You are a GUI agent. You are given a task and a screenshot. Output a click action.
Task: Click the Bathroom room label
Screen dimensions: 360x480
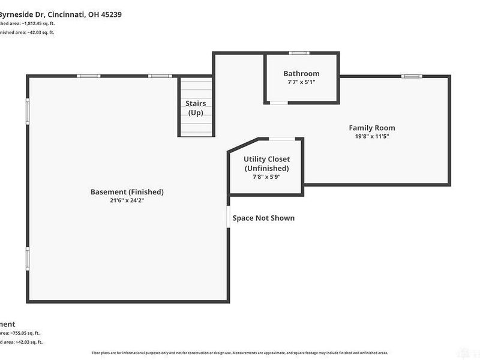coord(301,74)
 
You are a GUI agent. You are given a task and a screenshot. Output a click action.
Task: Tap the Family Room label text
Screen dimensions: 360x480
coord(372,128)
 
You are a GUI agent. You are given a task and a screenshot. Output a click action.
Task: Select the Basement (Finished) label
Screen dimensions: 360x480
coord(127,192)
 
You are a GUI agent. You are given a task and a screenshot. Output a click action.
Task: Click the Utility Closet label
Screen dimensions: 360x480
coord(266,159)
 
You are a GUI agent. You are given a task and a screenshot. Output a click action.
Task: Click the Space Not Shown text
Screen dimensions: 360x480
coord(263,218)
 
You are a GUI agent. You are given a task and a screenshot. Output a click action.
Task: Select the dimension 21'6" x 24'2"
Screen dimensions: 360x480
coord(127,200)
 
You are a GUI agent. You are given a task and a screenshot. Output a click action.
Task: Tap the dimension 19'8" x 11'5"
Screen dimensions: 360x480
coord(372,136)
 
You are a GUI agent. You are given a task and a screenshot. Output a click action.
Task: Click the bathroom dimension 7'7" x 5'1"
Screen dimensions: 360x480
coord(301,82)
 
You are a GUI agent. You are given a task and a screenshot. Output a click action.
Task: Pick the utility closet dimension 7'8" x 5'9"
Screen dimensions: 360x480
coord(266,177)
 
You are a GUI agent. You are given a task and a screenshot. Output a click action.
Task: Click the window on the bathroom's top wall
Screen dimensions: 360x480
coord(299,53)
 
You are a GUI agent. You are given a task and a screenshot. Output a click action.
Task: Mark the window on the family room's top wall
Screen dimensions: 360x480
coord(411,76)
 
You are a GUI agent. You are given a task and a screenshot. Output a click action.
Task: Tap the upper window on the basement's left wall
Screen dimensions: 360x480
coord(27,110)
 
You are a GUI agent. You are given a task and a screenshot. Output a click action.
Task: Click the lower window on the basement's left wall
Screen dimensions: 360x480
coord(27,258)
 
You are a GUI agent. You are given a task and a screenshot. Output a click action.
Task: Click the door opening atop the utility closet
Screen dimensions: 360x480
coord(281,139)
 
